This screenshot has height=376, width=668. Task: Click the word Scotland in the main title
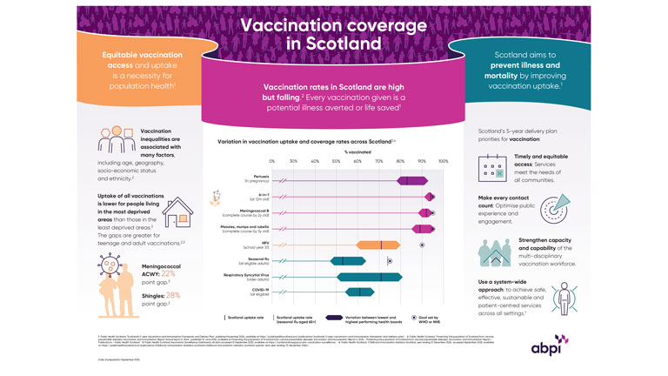pyautogui.click(x=335, y=41)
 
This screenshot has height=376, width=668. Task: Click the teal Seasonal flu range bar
pyautogui.click(x=336, y=260)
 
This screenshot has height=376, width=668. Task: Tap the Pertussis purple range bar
pyautogui.click(x=411, y=180)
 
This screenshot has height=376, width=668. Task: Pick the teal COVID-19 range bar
pyautogui.click(x=347, y=292)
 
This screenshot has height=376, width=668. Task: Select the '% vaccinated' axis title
pyautogui.click(x=357, y=151)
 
